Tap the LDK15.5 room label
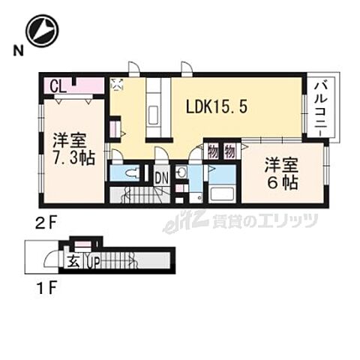[217, 107]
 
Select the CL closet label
[58, 85]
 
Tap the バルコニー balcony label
[320, 109]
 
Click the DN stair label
[161, 178]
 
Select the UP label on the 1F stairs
[93, 262]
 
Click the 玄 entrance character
[76, 261]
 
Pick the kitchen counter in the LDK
[154, 109]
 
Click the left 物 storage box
[212, 151]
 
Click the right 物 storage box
[229, 151]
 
